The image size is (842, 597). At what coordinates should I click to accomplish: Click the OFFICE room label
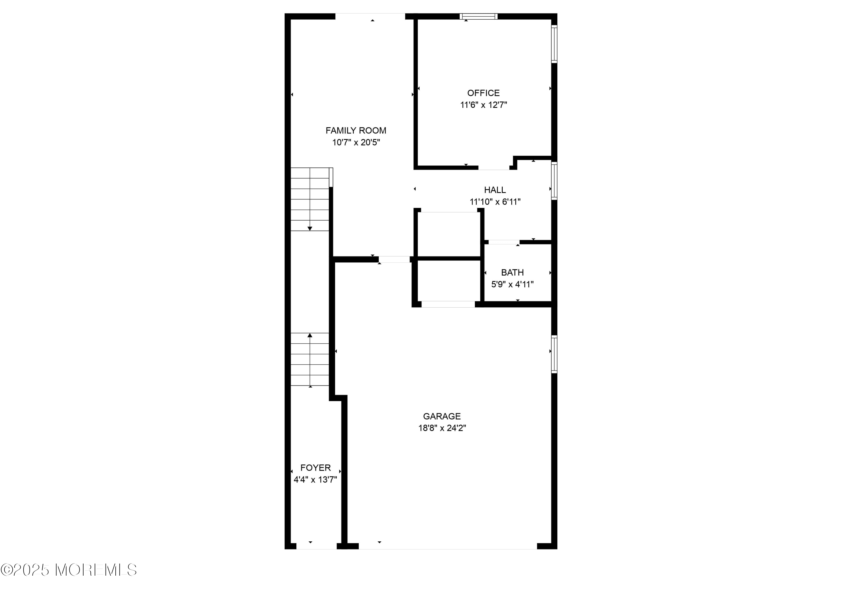483,93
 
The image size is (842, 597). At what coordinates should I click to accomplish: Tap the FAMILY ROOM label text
356,131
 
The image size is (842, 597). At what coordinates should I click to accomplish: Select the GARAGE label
442,416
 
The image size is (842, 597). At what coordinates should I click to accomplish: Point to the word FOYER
315,467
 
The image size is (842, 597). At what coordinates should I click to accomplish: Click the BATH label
512,273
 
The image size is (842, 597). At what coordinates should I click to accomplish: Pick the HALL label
495,190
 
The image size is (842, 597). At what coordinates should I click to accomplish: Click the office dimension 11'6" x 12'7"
484,105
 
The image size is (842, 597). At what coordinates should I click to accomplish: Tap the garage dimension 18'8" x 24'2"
442,428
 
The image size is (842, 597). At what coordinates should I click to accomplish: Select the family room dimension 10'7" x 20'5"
356,142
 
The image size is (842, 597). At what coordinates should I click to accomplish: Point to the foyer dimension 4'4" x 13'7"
315,479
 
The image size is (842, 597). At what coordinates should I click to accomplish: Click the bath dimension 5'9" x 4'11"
512,284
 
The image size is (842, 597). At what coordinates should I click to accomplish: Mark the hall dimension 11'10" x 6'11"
495,201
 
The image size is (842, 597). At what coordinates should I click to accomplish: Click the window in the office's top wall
479,16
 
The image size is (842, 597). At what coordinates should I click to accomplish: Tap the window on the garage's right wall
554,354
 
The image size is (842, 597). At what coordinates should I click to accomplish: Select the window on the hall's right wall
554,181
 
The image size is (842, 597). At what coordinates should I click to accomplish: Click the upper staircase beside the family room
310,199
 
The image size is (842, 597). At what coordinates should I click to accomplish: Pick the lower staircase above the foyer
310,360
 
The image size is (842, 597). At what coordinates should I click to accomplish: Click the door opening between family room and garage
394,259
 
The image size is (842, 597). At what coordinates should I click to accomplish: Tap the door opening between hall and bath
504,242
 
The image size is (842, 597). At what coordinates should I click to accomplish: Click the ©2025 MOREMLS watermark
69,570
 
